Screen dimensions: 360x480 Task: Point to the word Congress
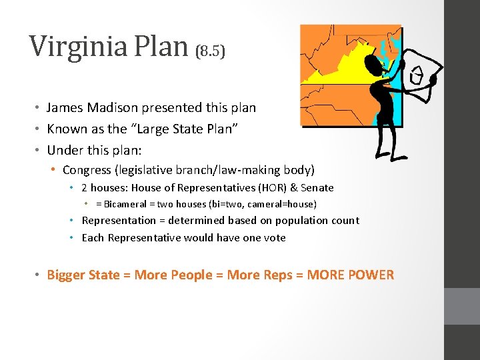pos(87,170)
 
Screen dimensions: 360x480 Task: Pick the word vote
pos(275,237)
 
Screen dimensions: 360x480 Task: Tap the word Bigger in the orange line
pos(65,275)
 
